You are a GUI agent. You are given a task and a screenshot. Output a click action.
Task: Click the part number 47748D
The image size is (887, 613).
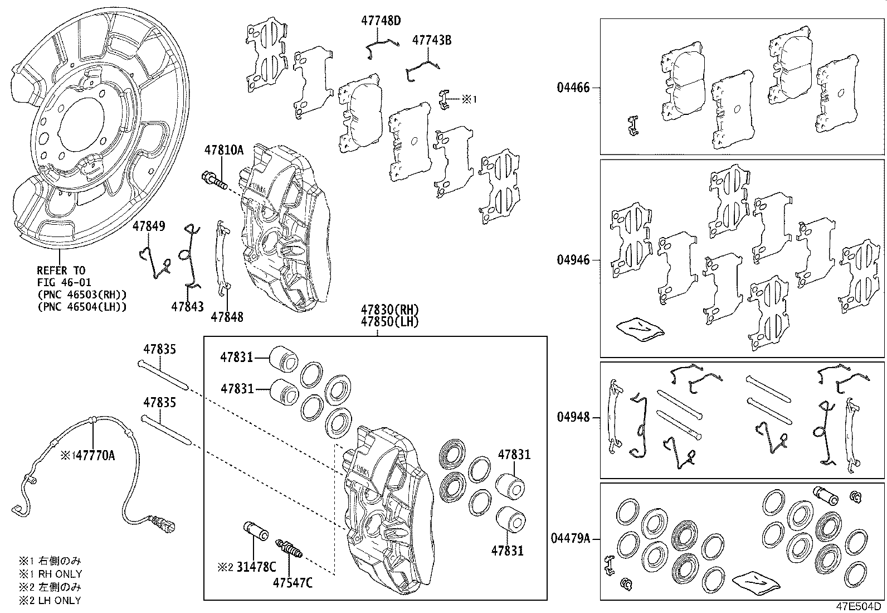coord(381,21)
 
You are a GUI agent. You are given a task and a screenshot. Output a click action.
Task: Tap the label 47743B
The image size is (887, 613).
coord(431,40)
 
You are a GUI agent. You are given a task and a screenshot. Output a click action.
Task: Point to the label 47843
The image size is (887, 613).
coord(187,306)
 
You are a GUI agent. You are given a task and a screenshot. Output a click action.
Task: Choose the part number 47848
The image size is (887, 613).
coord(227,317)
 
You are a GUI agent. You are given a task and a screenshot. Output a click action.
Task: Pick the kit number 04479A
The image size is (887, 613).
coord(570,539)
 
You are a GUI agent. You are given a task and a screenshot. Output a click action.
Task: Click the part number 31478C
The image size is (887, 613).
coord(255,567)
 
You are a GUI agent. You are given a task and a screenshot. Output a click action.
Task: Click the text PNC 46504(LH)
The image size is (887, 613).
coord(81,307)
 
